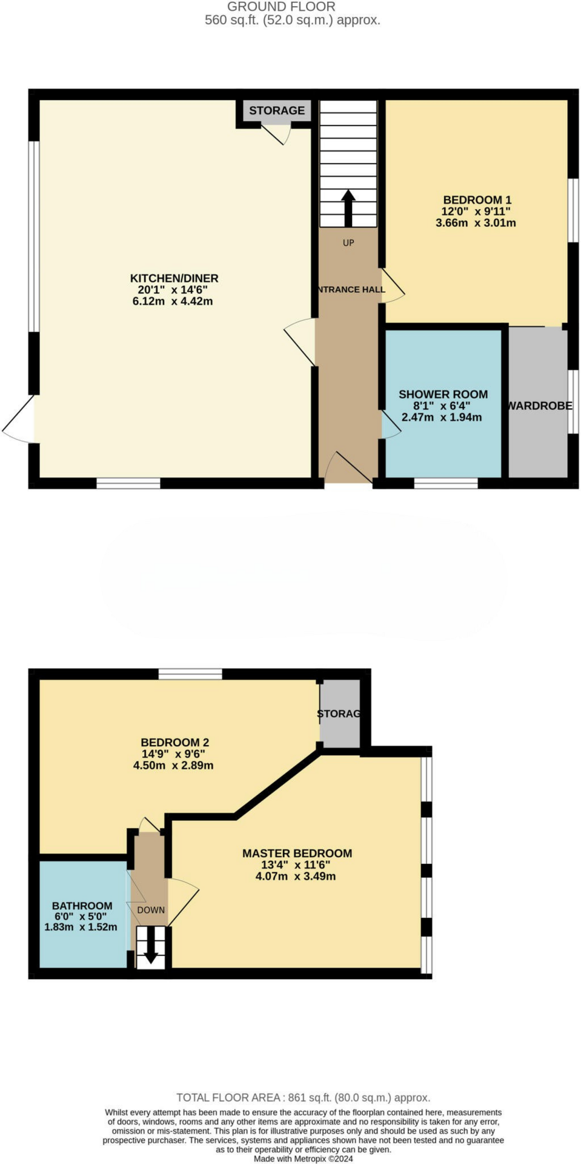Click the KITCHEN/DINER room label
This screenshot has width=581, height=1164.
coord(174,278)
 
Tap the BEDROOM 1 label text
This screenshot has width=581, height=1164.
coord(477,200)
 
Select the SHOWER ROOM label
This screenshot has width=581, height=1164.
coord(443,395)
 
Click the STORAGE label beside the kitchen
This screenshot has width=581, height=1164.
coord(277,110)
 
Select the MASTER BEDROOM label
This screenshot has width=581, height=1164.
coord(297,853)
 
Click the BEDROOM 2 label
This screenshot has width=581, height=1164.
coord(174,742)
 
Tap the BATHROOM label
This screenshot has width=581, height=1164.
coord(82,906)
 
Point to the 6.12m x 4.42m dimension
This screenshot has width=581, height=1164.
coord(173,301)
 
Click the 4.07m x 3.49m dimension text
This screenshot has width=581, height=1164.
coord(296,876)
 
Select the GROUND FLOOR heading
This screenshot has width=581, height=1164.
coord(281,7)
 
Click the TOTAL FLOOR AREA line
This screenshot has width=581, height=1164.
coord(303,1097)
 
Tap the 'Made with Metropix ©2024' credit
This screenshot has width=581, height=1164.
coord(303,1159)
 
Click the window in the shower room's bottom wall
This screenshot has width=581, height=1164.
coord(446,483)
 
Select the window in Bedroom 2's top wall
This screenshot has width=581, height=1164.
coord(190,674)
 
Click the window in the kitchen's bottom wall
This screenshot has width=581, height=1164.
coord(128,483)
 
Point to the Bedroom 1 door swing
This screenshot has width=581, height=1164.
coord(393,287)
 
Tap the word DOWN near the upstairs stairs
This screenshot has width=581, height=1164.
coord(151,910)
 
